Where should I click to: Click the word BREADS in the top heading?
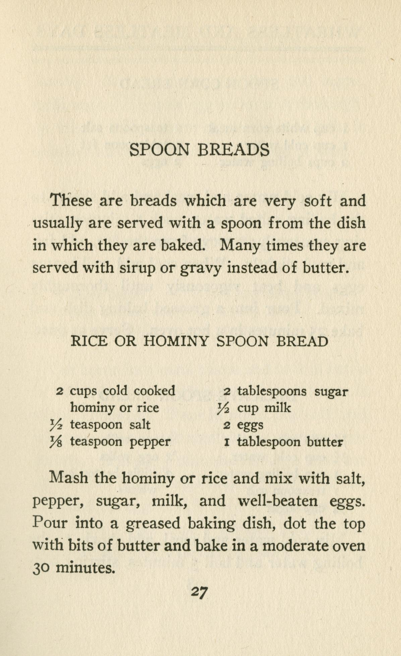(234, 150)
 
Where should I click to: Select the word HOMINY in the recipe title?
(176, 341)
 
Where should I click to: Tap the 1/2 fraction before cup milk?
(223, 408)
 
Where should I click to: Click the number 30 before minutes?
(41, 568)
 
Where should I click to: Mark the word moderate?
(295, 545)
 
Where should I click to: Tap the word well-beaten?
(278, 501)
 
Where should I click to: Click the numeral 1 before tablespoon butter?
(227, 442)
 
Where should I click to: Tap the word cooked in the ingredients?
(154, 391)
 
